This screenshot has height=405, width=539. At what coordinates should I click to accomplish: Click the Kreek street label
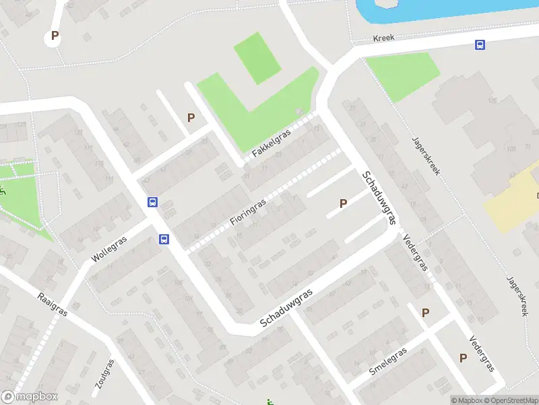(383, 38)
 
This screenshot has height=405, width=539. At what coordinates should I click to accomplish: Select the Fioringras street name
(248, 211)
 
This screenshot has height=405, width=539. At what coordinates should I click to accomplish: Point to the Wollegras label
(109, 250)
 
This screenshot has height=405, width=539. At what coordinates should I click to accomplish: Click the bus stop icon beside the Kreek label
(480, 45)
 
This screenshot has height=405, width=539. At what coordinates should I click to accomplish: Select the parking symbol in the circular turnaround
(55, 36)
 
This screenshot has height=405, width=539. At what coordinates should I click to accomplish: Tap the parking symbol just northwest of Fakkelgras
(191, 117)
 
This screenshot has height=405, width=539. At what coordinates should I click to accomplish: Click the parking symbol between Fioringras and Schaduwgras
(343, 202)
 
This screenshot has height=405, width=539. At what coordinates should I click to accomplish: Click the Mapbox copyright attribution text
(467, 400)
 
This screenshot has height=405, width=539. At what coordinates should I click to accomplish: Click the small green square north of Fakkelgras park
(256, 57)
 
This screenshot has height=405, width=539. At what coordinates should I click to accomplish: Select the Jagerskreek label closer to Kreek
(426, 156)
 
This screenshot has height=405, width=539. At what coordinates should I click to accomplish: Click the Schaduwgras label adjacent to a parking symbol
(378, 198)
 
